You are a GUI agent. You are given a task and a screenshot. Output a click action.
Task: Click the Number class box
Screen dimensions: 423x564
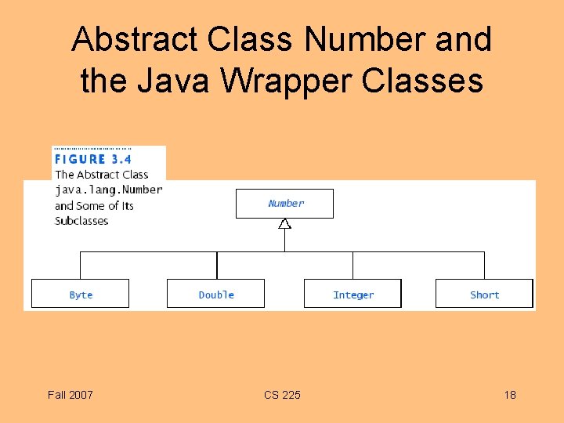pyautogui.click(x=284, y=204)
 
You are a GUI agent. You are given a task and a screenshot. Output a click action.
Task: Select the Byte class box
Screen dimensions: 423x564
pyautogui.click(x=80, y=294)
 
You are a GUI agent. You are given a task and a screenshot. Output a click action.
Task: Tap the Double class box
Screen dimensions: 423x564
pyautogui.click(x=215, y=294)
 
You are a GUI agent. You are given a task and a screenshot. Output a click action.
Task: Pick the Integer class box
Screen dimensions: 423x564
pyautogui.click(x=352, y=294)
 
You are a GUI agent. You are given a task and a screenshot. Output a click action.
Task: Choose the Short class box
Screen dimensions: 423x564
pyautogui.click(x=484, y=294)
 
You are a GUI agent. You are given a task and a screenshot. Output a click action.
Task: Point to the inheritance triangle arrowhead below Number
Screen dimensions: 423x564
pyautogui.click(x=284, y=224)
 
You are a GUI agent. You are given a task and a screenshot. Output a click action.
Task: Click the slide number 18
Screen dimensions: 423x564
pyautogui.click(x=510, y=395)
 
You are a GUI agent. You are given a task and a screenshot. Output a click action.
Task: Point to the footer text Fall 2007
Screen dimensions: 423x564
pyautogui.click(x=70, y=395)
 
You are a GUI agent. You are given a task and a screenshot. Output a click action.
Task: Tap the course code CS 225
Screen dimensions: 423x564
pyautogui.click(x=282, y=395)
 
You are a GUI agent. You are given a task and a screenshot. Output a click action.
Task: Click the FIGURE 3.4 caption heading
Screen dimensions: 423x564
pyautogui.click(x=93, y=158)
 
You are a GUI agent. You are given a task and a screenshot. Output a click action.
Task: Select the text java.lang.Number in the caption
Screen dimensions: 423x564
pyautogui.click(x=109, y=190)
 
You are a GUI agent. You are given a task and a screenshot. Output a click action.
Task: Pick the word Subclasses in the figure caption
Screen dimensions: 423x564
pyautogui.click(x=81, y=221)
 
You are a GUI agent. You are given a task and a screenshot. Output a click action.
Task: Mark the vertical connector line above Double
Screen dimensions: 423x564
pyautogui.click(x=217, y=266)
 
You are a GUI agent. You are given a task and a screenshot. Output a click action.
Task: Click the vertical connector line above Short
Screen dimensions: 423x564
pyautogui.click(x=484, y=266)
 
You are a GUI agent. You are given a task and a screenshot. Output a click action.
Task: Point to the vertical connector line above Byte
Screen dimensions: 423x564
pyautogui.click(x=81, y=266)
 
